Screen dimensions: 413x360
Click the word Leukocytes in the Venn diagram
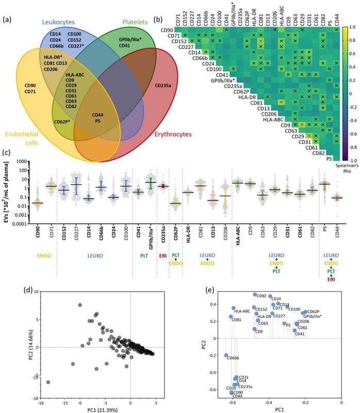tap(70, 21)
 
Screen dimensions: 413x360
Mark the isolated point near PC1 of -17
tap(48, 383)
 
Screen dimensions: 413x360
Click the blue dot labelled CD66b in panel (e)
tap(226, 355)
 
